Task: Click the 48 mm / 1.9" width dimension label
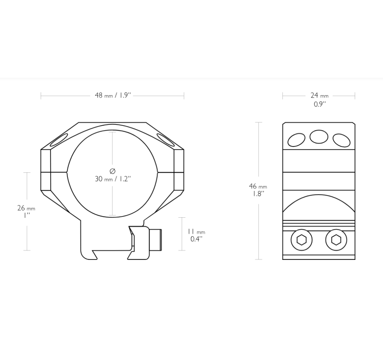click(112, 95)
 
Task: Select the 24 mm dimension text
click(319, 95)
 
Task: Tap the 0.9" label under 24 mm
click(319, 103)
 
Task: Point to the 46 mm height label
click(258, 187)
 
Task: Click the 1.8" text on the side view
click(258, 194)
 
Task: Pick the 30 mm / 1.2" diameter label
click(112, 179)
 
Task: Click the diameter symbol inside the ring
click(112, 171)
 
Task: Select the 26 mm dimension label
click(26, 208)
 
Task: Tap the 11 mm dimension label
click(196, 232)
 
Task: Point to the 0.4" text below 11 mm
click(196, 239)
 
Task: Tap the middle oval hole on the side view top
click(319, 137)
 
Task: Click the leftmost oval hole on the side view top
click(297, 140)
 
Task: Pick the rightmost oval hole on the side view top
click(341, 140)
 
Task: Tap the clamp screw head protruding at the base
click(156, 237)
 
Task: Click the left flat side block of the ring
click(46, 171)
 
